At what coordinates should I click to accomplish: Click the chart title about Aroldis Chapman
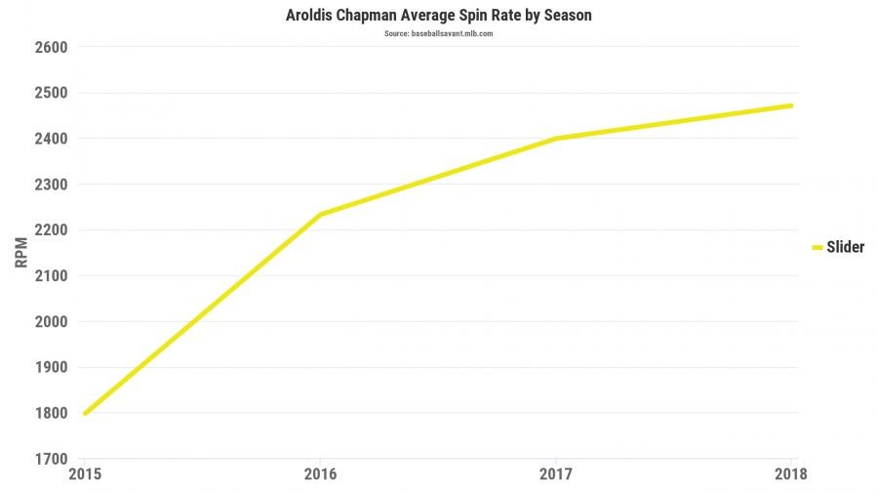(438, 16)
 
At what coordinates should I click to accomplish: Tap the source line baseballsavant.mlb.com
(438, 34)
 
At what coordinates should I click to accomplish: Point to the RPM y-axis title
(21, 253)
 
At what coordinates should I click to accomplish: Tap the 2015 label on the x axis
(85, 474)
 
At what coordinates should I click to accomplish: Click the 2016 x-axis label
(320, 474)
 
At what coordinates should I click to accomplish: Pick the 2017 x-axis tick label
(556, 474)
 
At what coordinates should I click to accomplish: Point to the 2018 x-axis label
(791, 474)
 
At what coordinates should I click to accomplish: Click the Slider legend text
(845, 248)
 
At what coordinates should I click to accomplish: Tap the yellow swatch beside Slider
(818, 248)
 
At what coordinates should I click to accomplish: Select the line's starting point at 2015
(85, 413)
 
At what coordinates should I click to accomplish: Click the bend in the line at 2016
(320, 214)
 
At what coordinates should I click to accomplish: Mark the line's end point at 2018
(791, 105)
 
